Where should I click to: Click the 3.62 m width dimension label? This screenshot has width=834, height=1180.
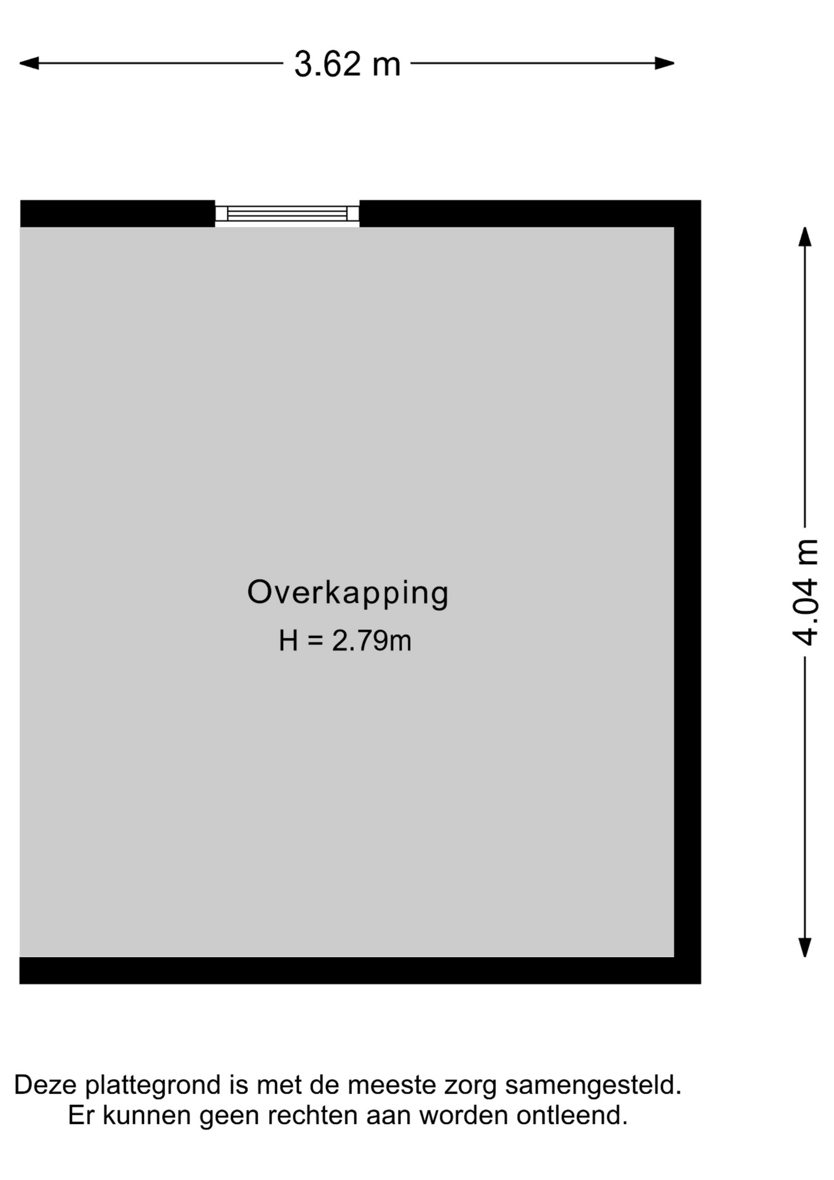pos(347,64)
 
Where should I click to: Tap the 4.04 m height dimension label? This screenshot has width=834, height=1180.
pos(805,592)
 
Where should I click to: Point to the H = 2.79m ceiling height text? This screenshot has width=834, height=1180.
pos(345,640)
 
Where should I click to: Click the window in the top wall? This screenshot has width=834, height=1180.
pos(287,213)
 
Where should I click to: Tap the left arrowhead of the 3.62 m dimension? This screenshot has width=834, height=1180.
pos(29,63)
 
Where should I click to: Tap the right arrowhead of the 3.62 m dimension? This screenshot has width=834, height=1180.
pos(664,63)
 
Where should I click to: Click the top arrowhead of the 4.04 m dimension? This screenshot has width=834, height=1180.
pos(805,237)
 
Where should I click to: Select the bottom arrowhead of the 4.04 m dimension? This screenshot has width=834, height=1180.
pos(805,947)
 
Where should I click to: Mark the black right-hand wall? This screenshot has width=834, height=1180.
pos(687,591)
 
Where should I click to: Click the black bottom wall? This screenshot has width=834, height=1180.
pos(360,970)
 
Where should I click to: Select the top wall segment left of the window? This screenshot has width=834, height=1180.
pos(117,213)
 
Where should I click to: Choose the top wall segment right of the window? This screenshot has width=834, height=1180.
pos(530,213)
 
